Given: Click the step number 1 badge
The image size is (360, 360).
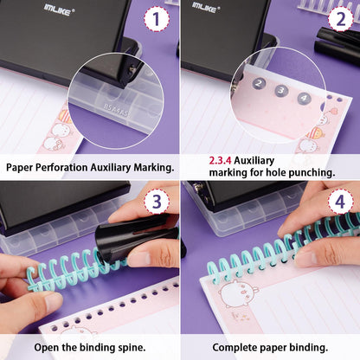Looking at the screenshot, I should (156, 19).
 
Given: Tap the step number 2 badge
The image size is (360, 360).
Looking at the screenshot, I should (339, 19).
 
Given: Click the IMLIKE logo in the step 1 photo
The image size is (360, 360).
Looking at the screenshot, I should (60, 9).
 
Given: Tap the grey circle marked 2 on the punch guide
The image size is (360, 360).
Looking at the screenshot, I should (259, 84).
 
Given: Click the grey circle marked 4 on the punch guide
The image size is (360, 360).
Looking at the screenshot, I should (303, 98).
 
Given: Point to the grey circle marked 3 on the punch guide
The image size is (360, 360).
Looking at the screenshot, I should (280, 91).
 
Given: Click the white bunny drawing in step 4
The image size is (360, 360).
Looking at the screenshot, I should (237, 292).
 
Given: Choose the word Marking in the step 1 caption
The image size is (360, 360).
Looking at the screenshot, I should (148, 167).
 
